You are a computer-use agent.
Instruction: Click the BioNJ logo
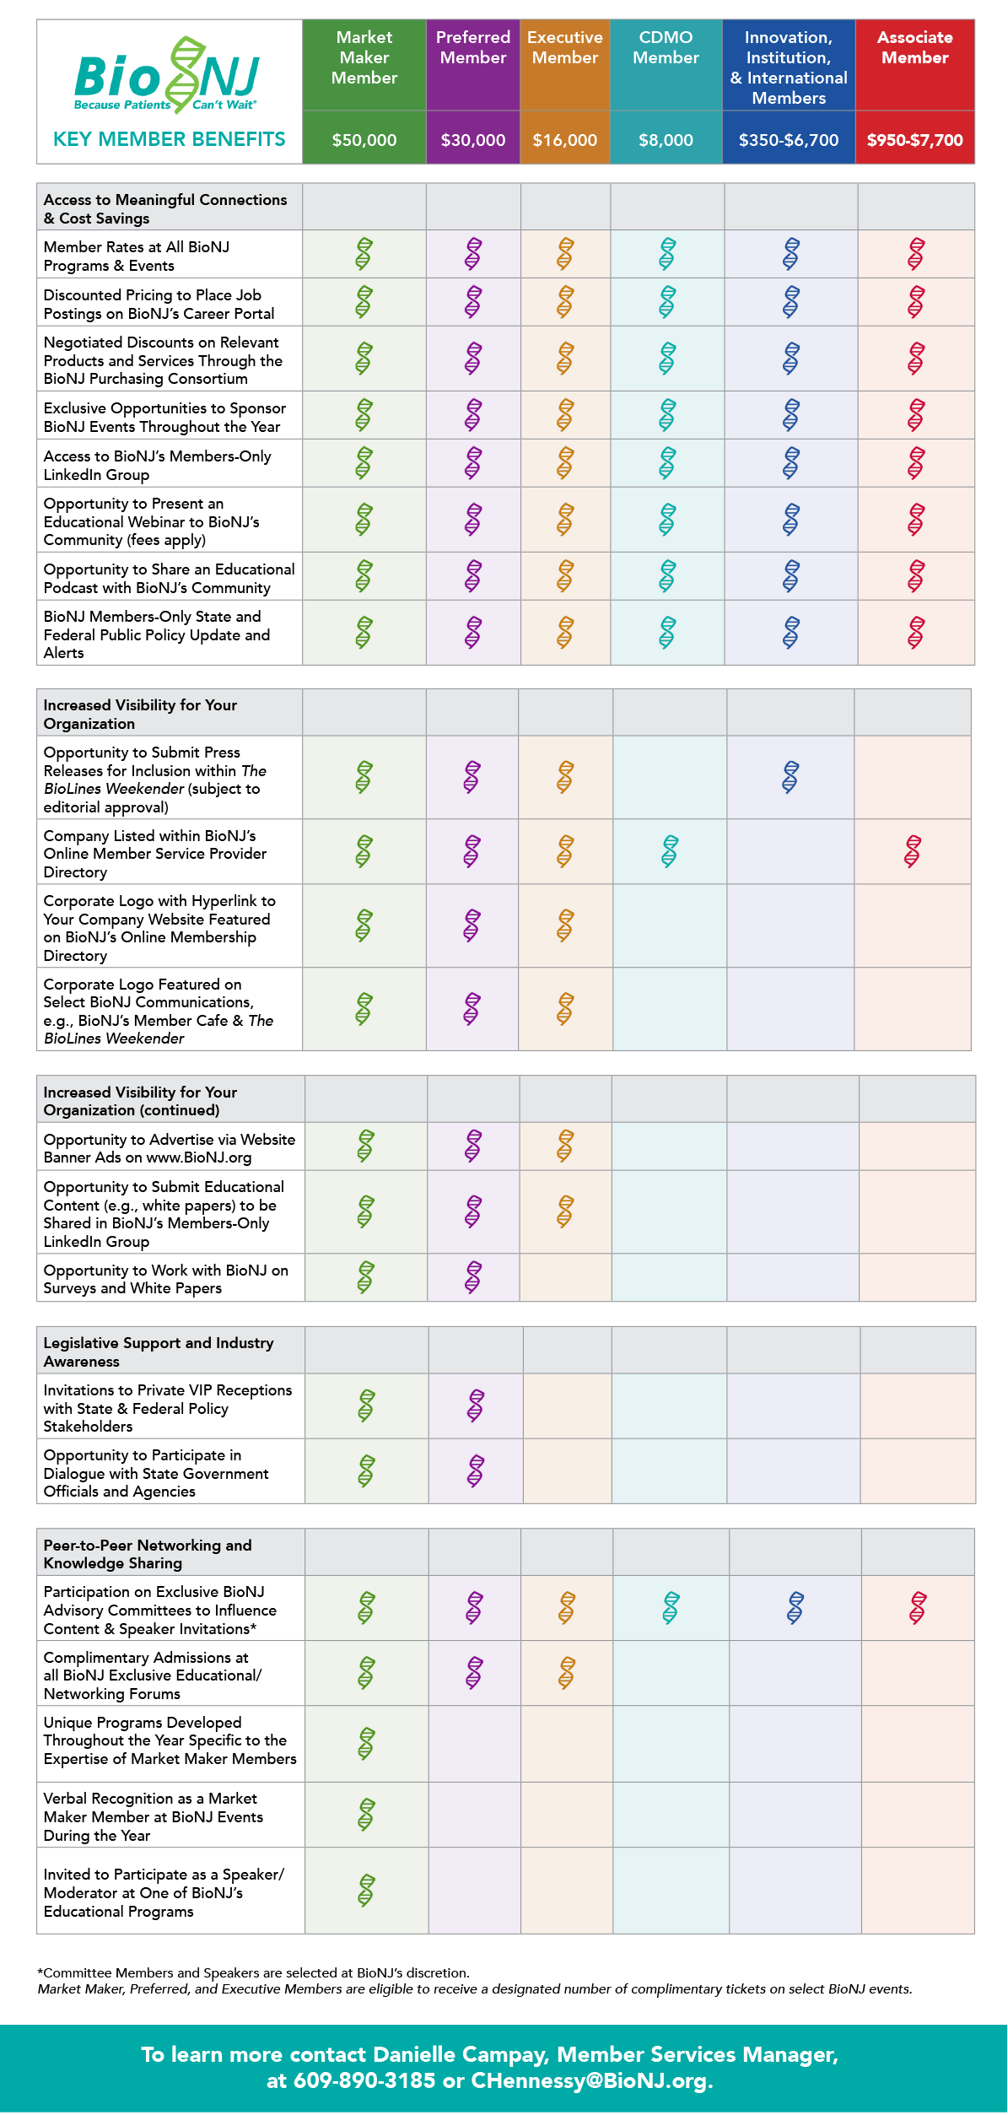coord(167,75)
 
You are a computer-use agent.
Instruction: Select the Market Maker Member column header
coord(364,57)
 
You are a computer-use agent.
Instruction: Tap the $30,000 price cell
coord(473,140)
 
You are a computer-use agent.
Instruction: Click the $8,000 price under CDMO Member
coord(666,140)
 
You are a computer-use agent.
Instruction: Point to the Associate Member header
coord(915,47)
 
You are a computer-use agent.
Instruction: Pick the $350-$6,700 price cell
coord(789,140)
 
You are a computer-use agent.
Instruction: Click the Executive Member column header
coord(565,47)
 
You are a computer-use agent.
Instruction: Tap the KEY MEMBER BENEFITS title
coord(170,139)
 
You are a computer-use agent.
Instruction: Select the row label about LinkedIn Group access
coord(158,465)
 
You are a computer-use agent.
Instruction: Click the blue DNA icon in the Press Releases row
coord(790,777)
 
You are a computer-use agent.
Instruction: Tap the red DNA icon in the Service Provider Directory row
coord(913,851)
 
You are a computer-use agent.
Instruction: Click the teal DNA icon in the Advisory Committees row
coord(671,1608)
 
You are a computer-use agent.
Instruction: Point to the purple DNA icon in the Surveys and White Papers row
coord(473,1277)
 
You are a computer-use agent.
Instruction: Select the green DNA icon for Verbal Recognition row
coord(366,1815)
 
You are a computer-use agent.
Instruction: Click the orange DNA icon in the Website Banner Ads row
coord(565,1146)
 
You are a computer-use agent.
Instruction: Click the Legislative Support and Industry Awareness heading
coord(159,1352)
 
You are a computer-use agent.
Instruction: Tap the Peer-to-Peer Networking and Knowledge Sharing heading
coord(148,1554)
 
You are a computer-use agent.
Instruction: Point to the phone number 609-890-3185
coord(364,2081)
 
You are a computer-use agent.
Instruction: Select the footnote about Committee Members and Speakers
coord(253,1972)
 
